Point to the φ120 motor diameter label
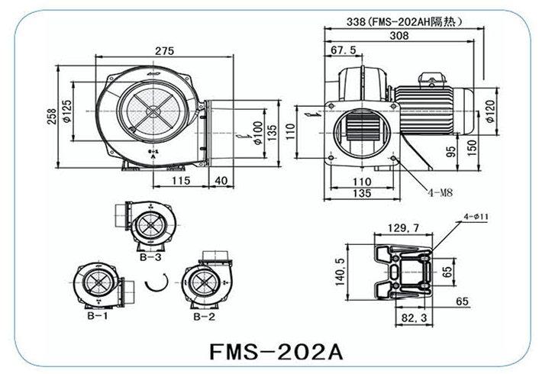click(x=486, y=116)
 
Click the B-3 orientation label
click(x=150, y=258)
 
